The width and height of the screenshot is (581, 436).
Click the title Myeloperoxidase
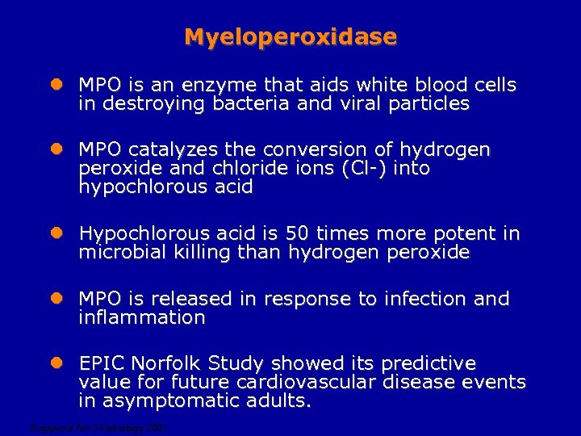click(x=290, y=37)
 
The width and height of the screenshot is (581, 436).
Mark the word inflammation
click(x=142, y=318)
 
